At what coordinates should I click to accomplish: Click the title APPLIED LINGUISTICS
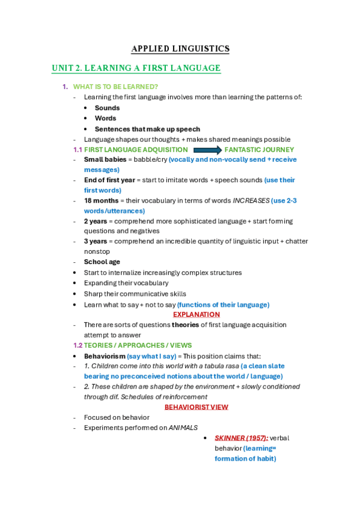pyautogui.click(x=180, y=49)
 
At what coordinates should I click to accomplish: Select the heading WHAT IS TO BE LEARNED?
pyautogui.click(x=116, y=87)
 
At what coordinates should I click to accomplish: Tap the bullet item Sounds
pyautogui.click(x=107, y=108)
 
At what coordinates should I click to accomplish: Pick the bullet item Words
pyautogui.click(x=105, y=118)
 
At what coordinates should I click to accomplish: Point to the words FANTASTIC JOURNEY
pyautogui.click(x=259, y=150)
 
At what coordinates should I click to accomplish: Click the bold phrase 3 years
pyautogui.click(x=96, y=242)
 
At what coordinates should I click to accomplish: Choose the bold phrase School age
pyautogui.click(x=102, y=262)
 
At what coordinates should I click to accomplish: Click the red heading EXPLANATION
pyautogui.click(x=197, y=315)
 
